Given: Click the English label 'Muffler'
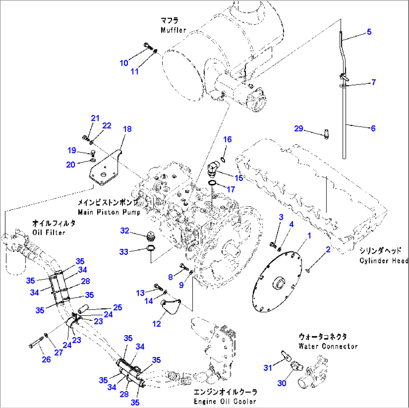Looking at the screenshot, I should [173, 30].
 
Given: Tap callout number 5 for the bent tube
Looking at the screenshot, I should [369, 32].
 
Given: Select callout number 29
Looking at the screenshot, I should [298, 129].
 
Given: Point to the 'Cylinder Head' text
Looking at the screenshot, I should [383, 260].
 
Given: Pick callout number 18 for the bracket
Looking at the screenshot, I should [127, 129].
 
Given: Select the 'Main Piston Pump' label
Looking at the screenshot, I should [109, 212].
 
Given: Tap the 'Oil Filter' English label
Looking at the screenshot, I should [48, 232].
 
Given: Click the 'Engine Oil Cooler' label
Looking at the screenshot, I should [225, 401].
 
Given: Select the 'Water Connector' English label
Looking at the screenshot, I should [328, 346].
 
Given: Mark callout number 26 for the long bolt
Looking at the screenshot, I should [46, 360].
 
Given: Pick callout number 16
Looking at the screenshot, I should [227, 140].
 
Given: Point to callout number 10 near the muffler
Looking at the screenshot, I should [124, 63].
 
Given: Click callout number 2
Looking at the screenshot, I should [328, 249].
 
